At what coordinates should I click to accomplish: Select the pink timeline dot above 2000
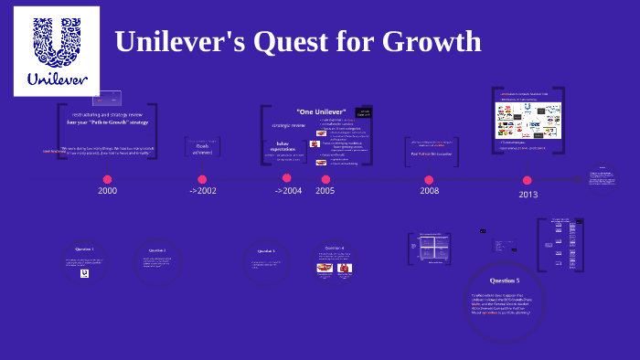click(108, 179)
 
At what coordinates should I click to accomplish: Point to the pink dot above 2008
click(429, 179)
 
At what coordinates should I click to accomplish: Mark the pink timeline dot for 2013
click(528, 180)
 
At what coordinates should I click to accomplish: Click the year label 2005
click(325, 190)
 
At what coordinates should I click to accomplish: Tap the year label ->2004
click(288, 190)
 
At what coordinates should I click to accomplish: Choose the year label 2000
click(108, 190)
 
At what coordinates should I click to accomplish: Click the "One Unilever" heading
click(314, 111)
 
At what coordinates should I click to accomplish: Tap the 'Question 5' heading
click(504, 281)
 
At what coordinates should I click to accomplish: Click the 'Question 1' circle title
click(84, 249)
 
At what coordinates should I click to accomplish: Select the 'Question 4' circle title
click(334, 248)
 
